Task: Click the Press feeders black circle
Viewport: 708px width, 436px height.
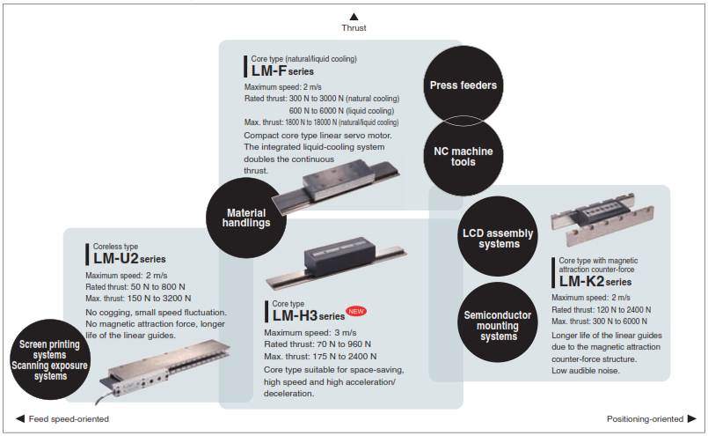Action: [463, 85]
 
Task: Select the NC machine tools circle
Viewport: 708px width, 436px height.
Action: [463, 156]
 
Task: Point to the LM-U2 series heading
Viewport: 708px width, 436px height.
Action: [129, 259]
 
